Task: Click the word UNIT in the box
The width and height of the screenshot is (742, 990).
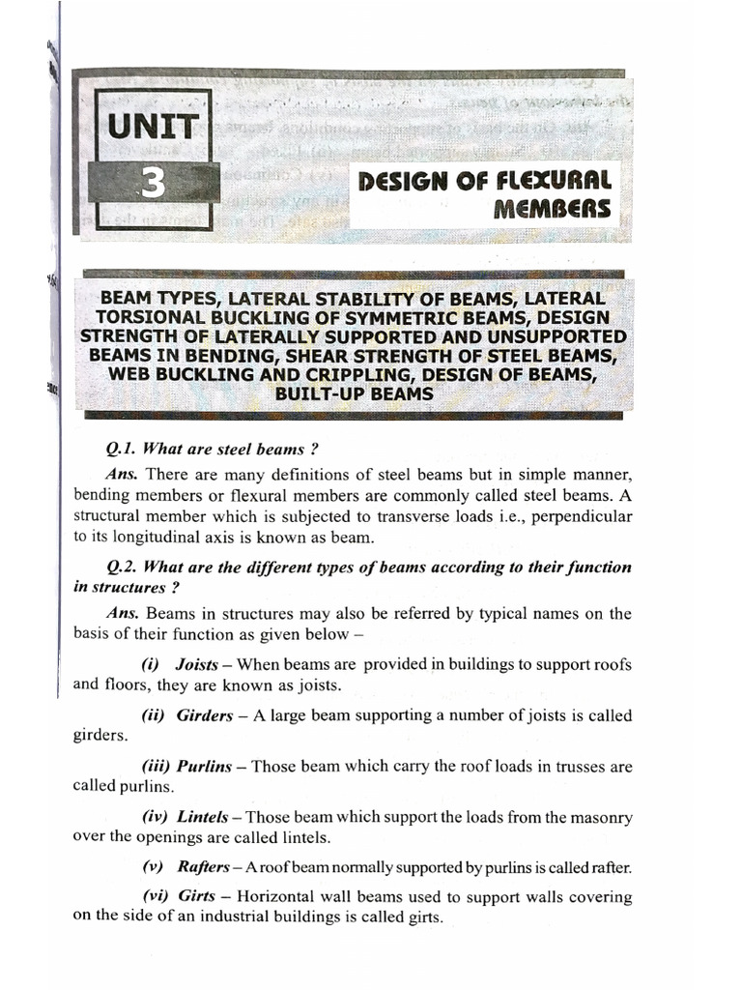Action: (154, 127)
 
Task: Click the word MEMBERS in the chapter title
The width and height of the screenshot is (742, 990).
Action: (554, 210)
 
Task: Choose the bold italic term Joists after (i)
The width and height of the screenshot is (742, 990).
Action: (197, 665)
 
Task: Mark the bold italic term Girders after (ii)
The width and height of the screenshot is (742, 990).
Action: (205, 716)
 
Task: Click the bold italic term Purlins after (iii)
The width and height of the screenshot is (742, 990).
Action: (204, 767)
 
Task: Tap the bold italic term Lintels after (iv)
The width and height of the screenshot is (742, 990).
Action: (204, 817)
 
